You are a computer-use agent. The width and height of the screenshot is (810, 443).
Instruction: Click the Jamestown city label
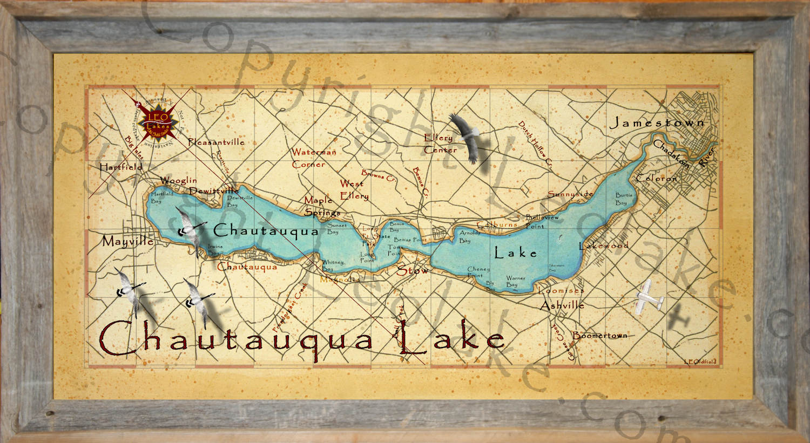[x=657, y=123]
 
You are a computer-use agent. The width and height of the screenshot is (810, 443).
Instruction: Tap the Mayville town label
[x=128, y=242]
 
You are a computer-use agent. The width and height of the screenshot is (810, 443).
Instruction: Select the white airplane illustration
[x=650, y=297]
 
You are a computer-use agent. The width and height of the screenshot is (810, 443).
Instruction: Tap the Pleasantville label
[x=216, y=142]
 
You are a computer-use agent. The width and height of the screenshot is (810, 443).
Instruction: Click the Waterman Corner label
[x=313, y=158]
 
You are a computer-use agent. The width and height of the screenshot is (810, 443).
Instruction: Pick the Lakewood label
[x=604, y=246]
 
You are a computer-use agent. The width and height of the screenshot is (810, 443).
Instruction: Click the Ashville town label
[x=562, y=305]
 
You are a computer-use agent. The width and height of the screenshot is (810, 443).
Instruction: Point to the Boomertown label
[x=599, y=335]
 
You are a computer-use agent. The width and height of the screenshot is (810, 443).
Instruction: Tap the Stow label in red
[x=413, y=270]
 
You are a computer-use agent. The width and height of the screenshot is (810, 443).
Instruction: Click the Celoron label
[x=656, y=178]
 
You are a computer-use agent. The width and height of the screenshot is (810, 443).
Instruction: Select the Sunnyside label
[x=570, y=194]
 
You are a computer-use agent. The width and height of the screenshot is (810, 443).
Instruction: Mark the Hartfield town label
[x=121, y=167]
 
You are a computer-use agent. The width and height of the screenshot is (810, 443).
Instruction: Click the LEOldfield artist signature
[x=700, y=362]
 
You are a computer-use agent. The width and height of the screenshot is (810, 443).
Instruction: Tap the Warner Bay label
[x=515, y=282]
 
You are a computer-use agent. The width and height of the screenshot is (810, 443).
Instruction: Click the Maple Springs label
[x=321, y=206]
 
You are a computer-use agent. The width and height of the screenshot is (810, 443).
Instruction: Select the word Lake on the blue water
[x=516, y=253]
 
